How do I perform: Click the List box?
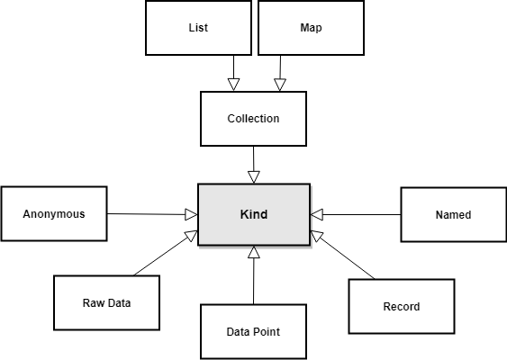coord(198,28)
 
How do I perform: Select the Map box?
coord(311,28)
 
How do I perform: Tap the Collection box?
coord(254,119)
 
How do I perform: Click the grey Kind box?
coord(254,214)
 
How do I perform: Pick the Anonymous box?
coord(54,213)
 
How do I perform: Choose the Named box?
coord(454,214)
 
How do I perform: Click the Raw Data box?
coord(106,302)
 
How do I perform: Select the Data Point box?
coord(254,332)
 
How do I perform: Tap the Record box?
coord(402,306)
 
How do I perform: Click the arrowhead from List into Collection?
coord(234,85)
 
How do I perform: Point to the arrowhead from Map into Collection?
coord(280,85)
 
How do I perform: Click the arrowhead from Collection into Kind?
coord(254,177)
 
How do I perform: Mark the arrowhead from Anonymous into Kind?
coord(192,214)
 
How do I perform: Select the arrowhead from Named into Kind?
coord(317,214)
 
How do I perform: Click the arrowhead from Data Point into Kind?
coord(254,252)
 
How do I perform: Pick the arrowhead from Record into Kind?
coord(316,235)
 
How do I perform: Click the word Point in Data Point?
coord(267,332)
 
